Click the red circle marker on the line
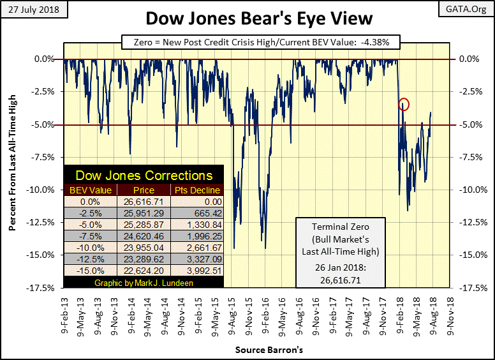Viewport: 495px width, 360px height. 404,104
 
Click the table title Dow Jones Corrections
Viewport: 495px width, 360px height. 144,176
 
